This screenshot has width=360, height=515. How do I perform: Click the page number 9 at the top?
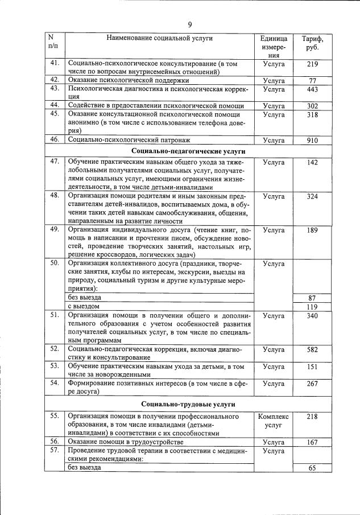coord(189,24)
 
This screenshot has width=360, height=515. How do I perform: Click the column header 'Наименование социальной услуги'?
coord(159,38)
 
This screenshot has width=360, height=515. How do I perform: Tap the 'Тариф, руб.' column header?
coord(312,43)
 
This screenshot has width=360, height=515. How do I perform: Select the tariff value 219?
coord(312,65)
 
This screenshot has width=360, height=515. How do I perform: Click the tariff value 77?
coord(312,81)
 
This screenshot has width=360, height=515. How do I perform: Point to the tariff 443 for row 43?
coord(312,89)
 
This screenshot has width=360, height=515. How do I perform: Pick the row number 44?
coord(55,105)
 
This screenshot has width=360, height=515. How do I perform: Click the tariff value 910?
coord(312,139)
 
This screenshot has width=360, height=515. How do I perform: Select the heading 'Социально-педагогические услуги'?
coord(180,152)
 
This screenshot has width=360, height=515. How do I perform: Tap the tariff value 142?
coord(312,163)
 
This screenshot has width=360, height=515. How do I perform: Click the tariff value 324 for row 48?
coord(312,196)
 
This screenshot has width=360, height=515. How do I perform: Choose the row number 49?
coord(55,230)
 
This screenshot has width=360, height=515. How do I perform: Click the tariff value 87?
coord(312,298)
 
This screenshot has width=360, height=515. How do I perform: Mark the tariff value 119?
coord(312,307)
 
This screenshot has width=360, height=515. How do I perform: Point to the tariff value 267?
coord(312,384)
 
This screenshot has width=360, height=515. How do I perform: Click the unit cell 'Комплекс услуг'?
coord(274,421)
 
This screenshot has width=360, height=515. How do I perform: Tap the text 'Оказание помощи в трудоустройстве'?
coord(125,442)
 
